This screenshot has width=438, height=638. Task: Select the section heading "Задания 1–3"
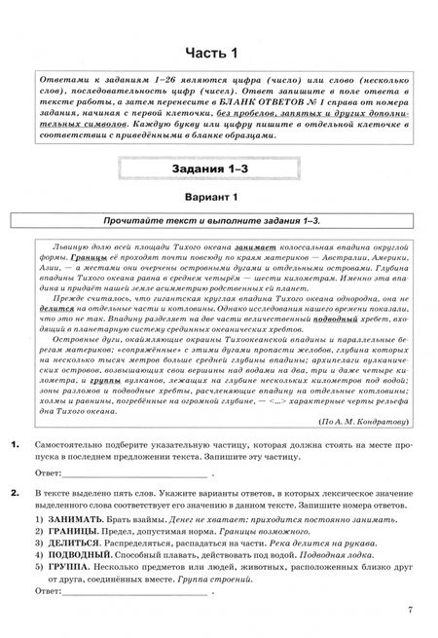[x=219, y=171]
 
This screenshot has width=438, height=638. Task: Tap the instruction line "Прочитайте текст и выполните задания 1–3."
[x=219, y=223]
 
